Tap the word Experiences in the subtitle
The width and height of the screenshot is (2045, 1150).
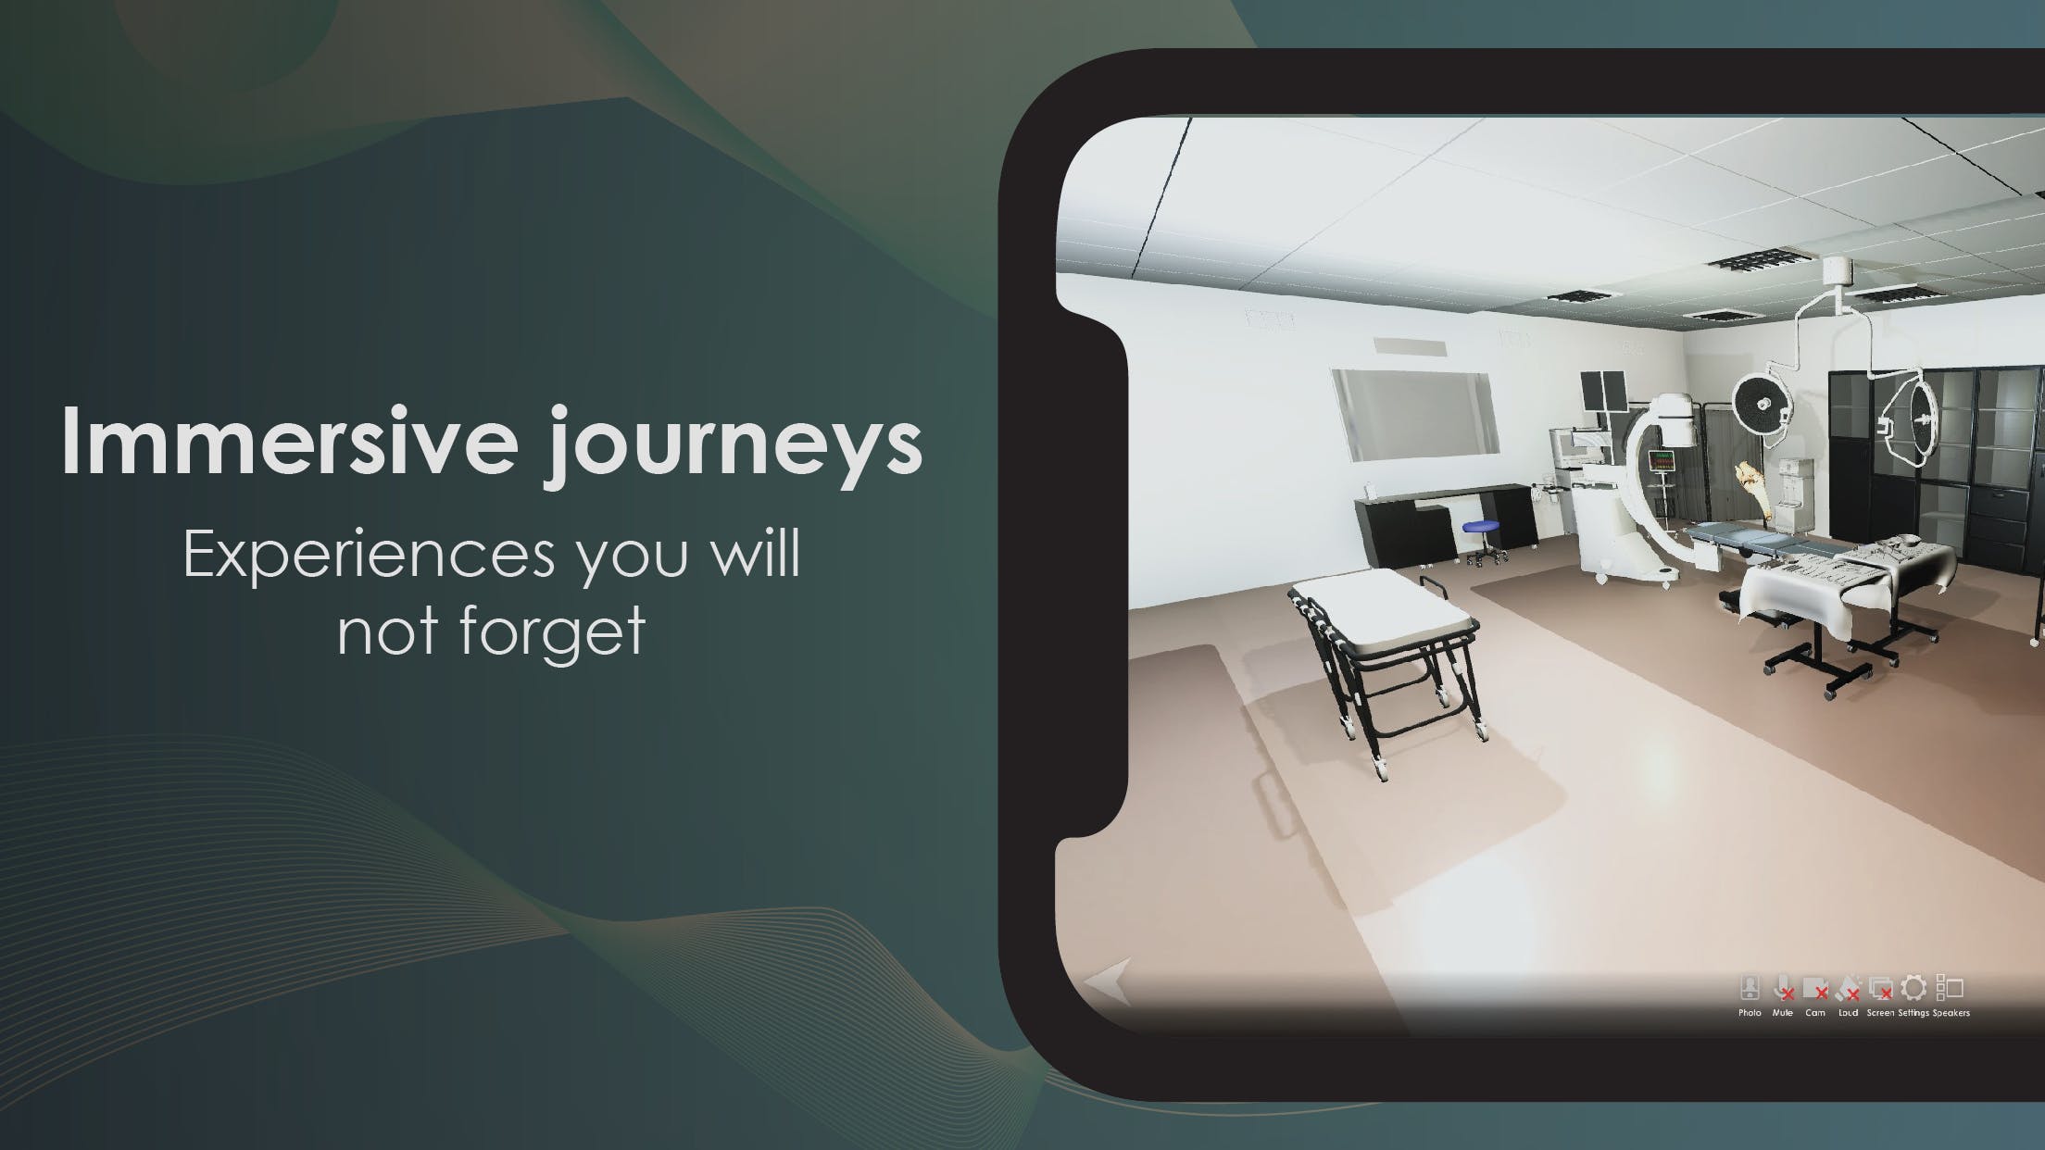(369, 555)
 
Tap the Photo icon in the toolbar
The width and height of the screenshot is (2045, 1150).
(1750, 989)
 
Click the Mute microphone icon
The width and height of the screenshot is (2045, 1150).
(1782, 989)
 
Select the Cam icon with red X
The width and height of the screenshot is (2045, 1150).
(1815, 989)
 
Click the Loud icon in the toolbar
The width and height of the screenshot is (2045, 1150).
(1848, 989)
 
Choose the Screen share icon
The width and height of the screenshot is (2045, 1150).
(1880, 989)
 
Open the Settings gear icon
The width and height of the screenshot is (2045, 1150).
(1913, 988)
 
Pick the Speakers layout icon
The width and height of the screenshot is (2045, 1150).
(1950, 989)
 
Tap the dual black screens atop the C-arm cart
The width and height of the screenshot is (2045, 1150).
(1603, 390)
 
